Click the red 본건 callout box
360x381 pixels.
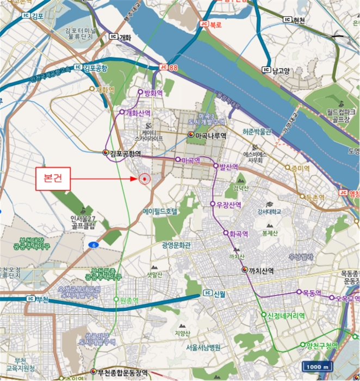[x=53, y=179]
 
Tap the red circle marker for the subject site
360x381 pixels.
[x=144, y=179]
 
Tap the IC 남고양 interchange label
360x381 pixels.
[x=278, y=70]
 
